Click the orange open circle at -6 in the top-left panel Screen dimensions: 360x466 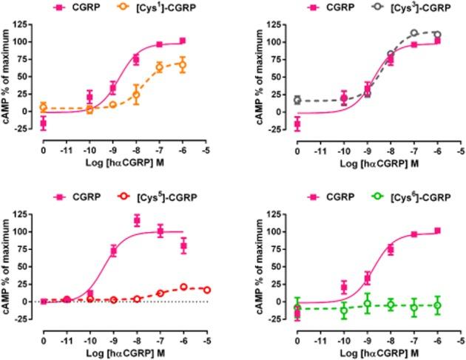[183, 65]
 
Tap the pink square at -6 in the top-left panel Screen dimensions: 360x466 [183, 41]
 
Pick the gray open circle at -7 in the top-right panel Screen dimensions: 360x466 [414, 33]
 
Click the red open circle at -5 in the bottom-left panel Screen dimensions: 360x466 [207, 290]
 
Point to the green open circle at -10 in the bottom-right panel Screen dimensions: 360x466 [344, 310]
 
